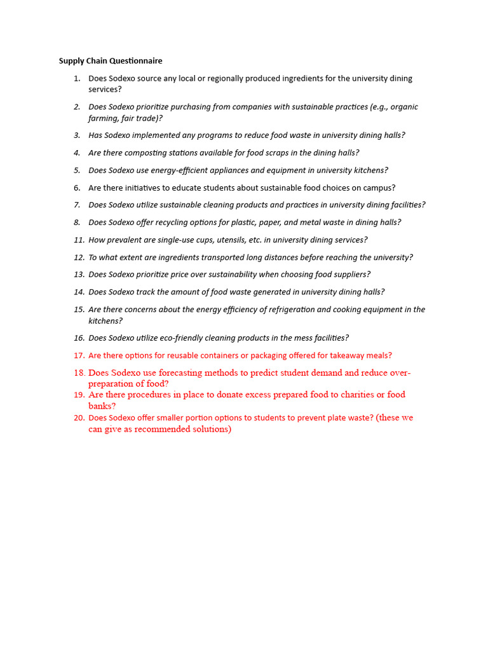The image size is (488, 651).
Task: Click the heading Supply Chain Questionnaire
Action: coord(111,61)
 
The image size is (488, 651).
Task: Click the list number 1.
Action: coord(77,78)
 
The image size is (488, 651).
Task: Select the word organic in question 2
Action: coord(404,107)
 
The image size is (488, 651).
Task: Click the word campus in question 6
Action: coord(378,188)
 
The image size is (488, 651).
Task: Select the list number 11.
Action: coord(79,240)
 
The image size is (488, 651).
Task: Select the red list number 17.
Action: coord(79,355)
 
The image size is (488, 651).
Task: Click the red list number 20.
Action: coord(79,418)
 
